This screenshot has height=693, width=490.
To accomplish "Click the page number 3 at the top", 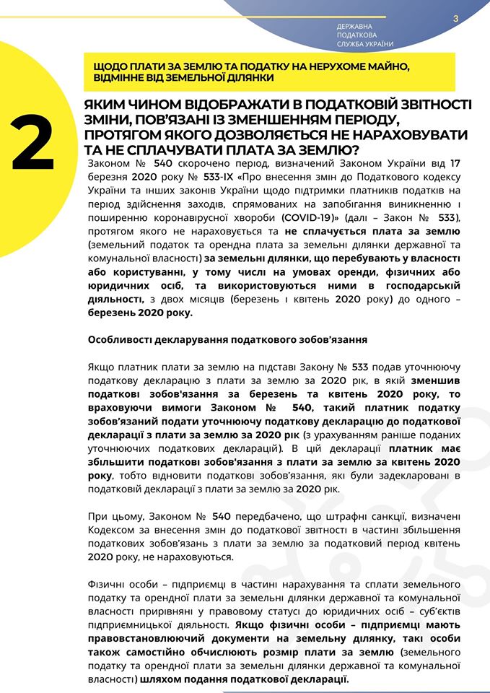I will coord(456,19).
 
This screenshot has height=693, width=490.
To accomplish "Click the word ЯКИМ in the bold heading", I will coord(109,105).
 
